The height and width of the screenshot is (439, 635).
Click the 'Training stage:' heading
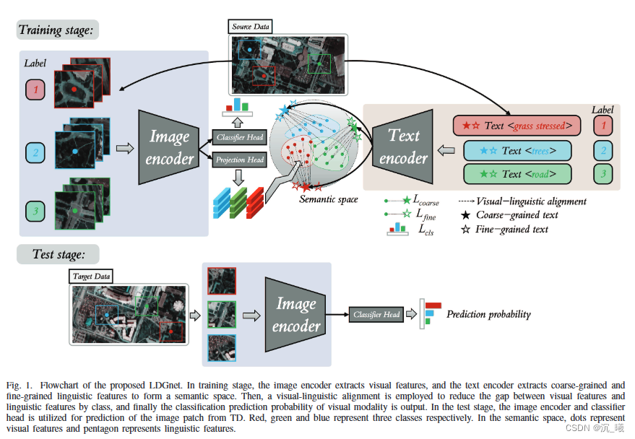57,30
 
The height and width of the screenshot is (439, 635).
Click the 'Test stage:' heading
57,254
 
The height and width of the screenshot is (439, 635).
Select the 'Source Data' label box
251,27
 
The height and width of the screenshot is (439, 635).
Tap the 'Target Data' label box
92,276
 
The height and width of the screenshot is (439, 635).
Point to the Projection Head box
239,160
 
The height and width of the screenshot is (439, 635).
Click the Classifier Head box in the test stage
376,315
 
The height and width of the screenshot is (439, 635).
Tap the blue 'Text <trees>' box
517,150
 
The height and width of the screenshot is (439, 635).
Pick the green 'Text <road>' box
517,174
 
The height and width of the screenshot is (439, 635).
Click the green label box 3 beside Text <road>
602,174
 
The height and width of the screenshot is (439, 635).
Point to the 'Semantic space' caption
328,199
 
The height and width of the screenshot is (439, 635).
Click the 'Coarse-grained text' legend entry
513,215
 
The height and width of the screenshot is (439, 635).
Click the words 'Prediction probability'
488,315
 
